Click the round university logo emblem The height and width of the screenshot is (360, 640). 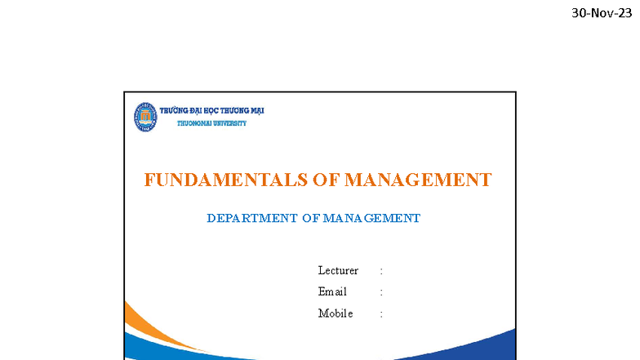145,117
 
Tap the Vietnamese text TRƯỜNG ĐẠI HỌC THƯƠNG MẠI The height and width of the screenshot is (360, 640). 211,111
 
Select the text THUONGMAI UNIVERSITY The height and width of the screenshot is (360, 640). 211,123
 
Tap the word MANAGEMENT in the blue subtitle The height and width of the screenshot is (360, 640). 371,218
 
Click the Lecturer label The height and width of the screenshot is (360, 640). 338,271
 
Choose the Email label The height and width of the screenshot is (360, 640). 332,292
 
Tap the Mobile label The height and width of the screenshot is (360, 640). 336,313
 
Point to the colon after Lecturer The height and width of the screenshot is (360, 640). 381,271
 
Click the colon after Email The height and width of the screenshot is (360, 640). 381,292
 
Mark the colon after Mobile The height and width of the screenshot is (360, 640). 381,313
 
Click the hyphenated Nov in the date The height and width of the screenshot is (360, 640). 602,13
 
